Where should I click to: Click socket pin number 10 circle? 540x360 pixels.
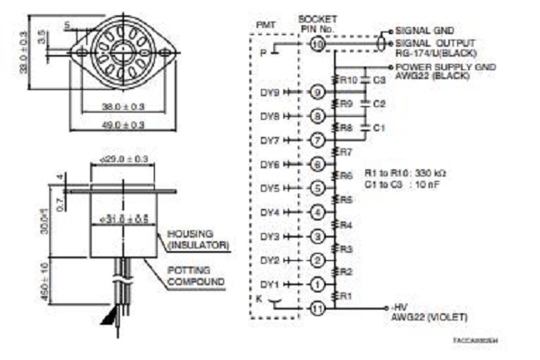pos(316,43)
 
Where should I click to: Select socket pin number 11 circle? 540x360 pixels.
pos(316,308)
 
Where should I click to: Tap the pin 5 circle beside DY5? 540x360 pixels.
pos(316,188)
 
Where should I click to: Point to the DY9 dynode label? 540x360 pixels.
pos(270,92)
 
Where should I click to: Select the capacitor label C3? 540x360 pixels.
pos(378,80)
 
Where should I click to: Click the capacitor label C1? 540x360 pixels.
pos(378,128)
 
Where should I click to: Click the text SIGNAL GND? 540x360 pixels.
pos(423,30)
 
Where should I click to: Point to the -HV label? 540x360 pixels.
pos(400,306)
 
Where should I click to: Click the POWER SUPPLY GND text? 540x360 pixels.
pos(442,67)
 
